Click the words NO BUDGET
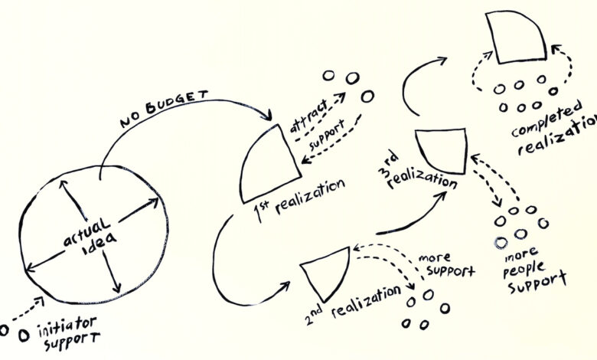coord(164,108)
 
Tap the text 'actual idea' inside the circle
coord(90,237)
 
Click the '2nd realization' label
coord(353,306)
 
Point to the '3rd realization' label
coord(417,172)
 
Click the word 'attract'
coord(308,116)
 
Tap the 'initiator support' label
coord(69,333)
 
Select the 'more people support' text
coord(533,271)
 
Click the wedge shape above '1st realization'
coord(271,165)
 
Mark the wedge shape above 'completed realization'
coord(516,38)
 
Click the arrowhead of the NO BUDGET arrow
coord(268,115)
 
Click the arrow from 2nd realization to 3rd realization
coord(415,217)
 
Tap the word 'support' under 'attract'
coord(327,135)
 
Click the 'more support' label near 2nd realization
coord(447,264)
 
